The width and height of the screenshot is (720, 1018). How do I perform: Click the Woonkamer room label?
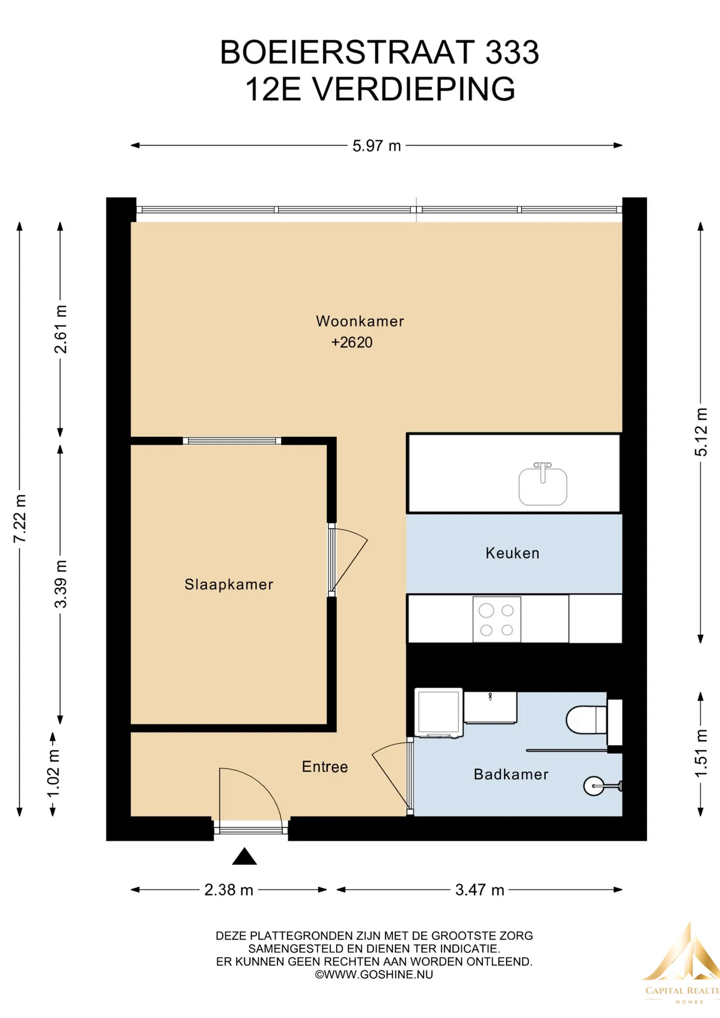click(x=360, y=321)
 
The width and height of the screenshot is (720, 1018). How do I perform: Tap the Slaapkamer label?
click(x=229, y=584)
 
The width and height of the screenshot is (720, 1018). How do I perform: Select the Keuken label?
click(x=513, y=553)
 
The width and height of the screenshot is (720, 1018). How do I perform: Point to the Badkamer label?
click(x=511, y=774)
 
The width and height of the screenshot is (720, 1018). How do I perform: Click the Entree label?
click(x=325, y=767)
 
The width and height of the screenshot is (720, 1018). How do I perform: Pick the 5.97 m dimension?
click(x=377, y=146)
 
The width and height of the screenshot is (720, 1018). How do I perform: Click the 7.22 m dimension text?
click(x=20, y=519)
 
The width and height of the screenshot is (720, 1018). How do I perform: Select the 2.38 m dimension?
click(x=229, y=890)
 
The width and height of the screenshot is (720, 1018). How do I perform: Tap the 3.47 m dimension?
click(x=480, y=890)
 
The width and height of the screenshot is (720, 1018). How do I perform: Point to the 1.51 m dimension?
click(x=701, y=753)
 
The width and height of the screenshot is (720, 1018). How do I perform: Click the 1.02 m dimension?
click(x=53, y=774)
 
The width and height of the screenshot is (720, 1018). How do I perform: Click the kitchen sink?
click(x=543, y=484)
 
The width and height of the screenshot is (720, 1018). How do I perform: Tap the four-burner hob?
click(x=497, y=619)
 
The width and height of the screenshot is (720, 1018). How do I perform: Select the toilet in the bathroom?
click(x=587, y=720)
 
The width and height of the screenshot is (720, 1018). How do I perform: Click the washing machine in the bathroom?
click(x=438, y=713)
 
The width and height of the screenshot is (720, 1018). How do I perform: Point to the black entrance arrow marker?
click(x=244, y=856)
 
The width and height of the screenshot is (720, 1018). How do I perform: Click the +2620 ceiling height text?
click(x=352, y=343)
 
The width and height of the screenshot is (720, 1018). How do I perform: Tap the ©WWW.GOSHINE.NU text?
click(x=374, y=975)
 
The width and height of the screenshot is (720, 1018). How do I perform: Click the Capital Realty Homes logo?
click(x=682, y=965)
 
